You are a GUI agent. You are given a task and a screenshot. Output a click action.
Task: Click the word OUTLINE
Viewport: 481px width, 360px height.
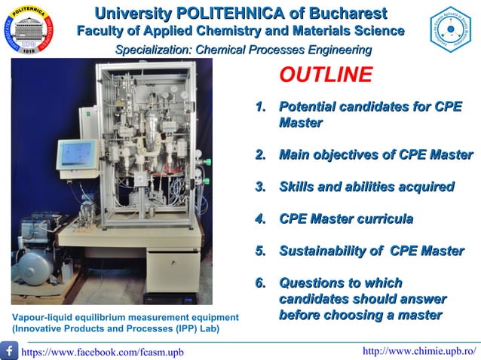point(326,75)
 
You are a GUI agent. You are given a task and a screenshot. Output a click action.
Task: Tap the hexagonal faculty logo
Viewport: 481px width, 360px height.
point(450,29)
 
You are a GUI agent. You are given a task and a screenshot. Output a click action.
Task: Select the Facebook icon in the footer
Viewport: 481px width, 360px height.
point(10,350)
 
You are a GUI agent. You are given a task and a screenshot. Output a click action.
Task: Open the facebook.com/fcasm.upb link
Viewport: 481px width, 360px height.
point(102,352)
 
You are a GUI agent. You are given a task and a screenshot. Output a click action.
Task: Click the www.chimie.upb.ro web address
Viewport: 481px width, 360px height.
point(419,351)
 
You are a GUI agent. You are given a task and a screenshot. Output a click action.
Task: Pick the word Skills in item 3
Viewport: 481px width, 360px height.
point(297,187)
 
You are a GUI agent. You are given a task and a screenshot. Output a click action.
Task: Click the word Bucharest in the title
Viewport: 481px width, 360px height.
point(345,13)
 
